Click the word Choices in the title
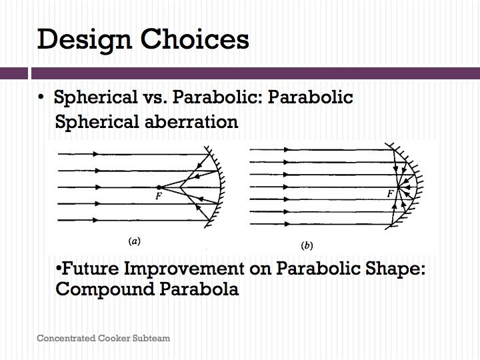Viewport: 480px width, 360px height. point(195,39)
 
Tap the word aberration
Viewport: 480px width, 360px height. point(191,121)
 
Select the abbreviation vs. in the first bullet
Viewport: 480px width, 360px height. point(155,97)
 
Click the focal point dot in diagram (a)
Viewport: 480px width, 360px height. point(159,187)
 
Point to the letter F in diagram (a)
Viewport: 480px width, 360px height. point(158,196)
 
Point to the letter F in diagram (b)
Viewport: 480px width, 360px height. point(390,193)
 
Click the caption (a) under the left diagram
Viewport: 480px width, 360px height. point(135,241)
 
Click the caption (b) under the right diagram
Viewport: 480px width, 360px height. point(307,245)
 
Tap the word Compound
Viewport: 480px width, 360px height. point(105,289)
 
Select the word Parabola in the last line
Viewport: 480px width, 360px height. point(199,289)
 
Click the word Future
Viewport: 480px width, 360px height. point(90,268)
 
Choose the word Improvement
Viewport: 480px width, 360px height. point(184,269)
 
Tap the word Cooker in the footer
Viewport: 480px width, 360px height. point(114,338)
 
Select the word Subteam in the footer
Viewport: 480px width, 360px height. point(151,338)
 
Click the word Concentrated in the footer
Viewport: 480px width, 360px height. point(66,338)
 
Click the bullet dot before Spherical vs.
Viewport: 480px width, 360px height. point(41,97)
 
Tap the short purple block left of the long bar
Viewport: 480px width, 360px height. point(14,73)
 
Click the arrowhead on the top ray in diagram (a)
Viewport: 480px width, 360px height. point(96,154)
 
